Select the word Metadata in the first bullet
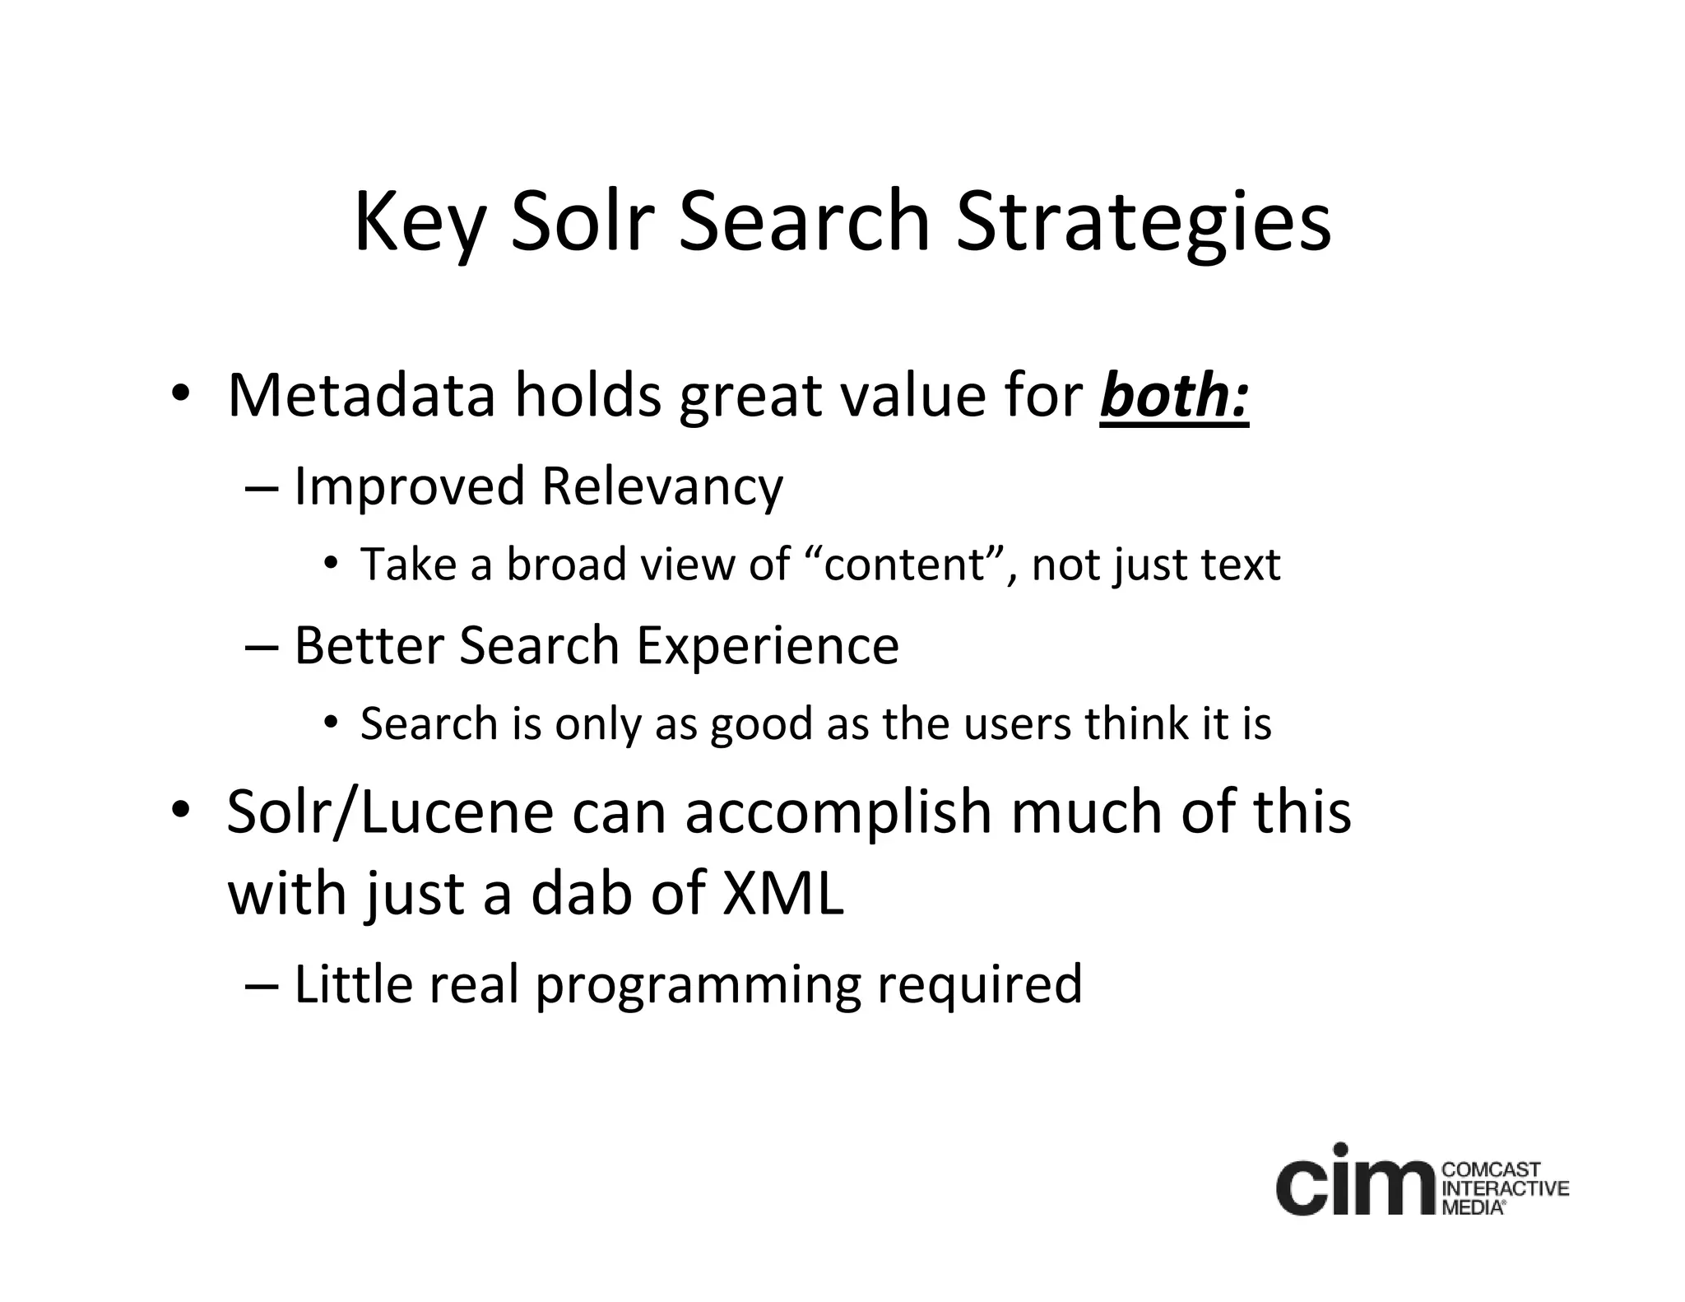click(x=361, y=396)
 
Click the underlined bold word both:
click(x=1174, y=396)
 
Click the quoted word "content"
click(x=906, y=565)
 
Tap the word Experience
click(x=767, y=645)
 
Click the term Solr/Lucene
click(x=390, y=812)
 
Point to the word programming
click(x=698, y=984)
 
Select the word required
click(x=979, y=984)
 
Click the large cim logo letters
click(x=1357, y=1180)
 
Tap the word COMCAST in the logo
click(x=1492, y=1170)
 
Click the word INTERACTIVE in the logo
click(x=1506, y=1188)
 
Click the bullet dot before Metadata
click(x=180, y=393)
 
